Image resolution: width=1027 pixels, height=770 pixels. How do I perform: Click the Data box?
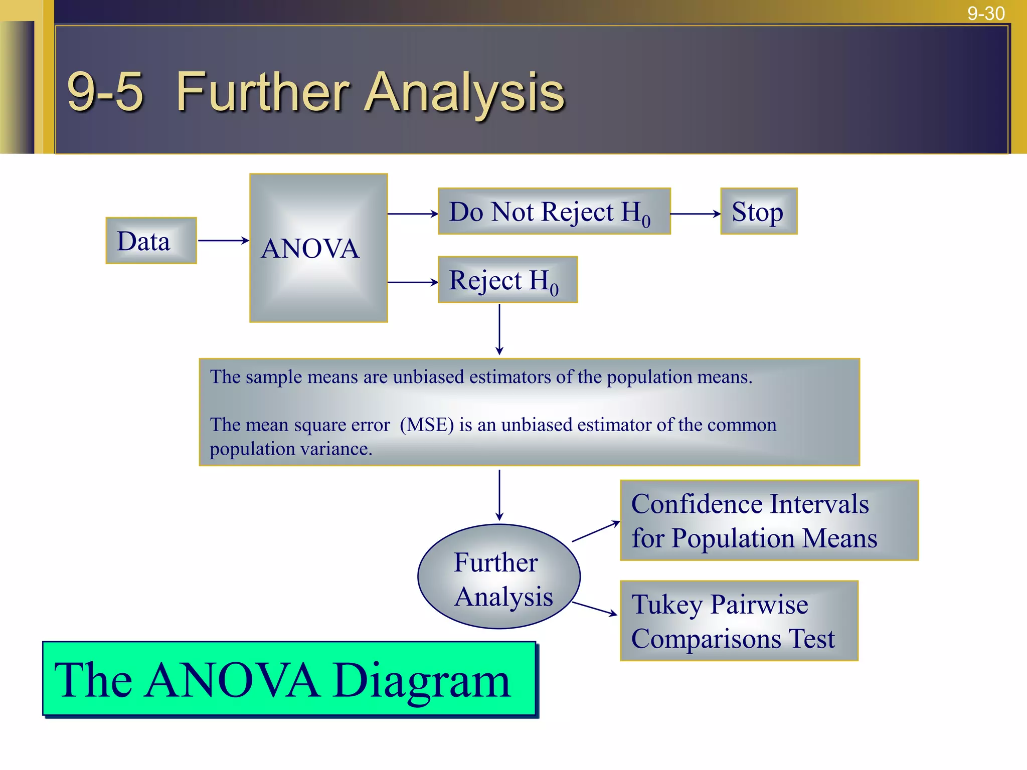coord(151,241)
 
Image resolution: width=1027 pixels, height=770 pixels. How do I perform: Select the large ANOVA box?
coord(318,248)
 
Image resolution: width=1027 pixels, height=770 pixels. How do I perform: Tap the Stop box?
coord(758,211)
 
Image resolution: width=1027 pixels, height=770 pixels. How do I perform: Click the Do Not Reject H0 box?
coord(554,211)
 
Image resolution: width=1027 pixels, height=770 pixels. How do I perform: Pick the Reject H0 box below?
coord(507,280)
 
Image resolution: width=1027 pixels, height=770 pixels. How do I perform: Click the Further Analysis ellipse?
coord(498,576)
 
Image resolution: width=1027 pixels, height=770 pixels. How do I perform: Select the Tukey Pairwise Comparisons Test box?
coord(739,621)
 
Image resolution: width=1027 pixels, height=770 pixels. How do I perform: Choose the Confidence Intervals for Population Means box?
coord(769,520)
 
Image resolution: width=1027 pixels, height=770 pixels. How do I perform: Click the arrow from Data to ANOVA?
coord(223,241)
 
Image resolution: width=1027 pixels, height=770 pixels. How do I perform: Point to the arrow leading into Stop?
coord(695,214)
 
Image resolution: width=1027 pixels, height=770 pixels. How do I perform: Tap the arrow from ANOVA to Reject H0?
coord(413,282)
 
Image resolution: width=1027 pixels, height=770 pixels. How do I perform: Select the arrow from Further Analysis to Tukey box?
coord(594,608)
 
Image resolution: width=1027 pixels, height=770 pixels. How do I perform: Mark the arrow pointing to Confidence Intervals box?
coord(596,531)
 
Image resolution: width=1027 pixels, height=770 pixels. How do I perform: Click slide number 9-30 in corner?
coord(985,14)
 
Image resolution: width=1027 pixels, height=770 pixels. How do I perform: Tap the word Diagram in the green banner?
coord(421,680)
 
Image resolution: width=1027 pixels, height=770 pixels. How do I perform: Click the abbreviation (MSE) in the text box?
coord(427,425)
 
